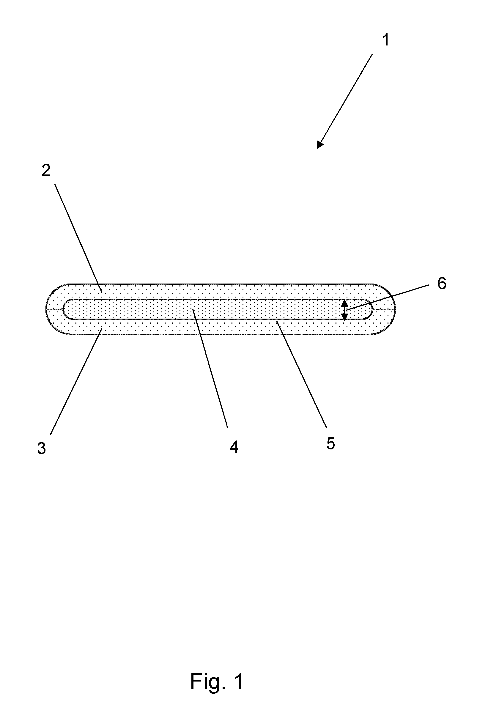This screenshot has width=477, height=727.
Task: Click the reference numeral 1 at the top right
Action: click(x=386, y=40)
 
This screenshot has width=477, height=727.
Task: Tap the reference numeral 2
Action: click(x=46, y=170)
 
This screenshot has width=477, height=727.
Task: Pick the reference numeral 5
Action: click(x=330, y=443)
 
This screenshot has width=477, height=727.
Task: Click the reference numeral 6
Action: click(x=442, y=284)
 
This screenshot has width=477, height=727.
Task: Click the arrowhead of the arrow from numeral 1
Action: click(x=319, y=144)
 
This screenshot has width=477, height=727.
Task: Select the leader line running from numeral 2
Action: click(x=78, y=238)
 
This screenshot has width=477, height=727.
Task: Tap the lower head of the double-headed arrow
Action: click(x=344, y=317)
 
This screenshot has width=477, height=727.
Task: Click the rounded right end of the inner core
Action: click(x=372, y=309)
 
